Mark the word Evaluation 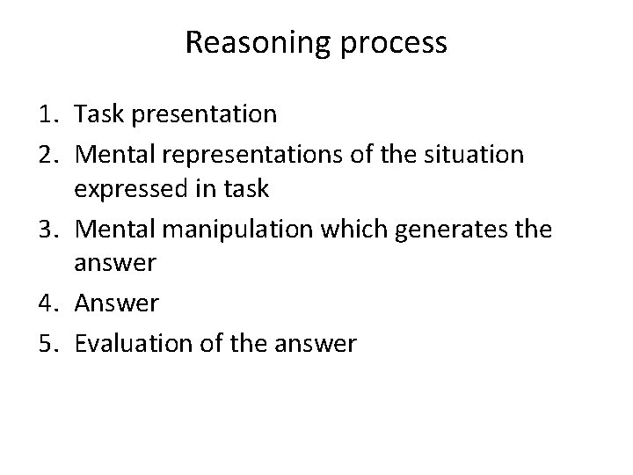pyautogui.click(x=132, y=343)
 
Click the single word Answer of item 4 pyautogui.click(x=117, y=304)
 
